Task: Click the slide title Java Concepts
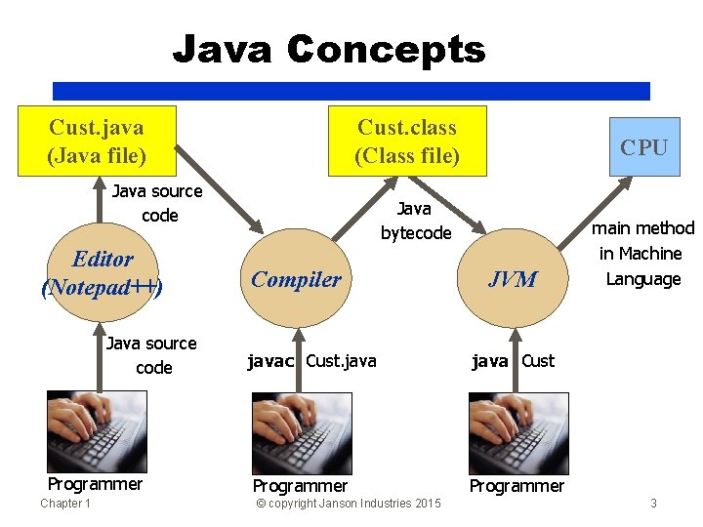pos(328,49)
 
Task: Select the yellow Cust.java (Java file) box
pos(97,141)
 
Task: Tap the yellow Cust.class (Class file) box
pos(406,141)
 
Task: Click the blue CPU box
pos(644,147)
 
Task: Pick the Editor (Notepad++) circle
pos(103,273)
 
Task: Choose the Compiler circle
pos(296,279)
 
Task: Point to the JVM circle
pos(513,279)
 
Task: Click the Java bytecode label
pos(416,221)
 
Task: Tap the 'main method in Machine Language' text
pos(642,254)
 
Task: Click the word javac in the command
pos(270,361)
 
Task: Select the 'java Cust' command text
pos(513,361)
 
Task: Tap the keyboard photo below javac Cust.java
pos(302,432)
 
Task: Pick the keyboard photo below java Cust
pos(518,432)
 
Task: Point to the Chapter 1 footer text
pos(65,504)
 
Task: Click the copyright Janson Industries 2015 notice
pos(348,504)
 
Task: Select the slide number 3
pos(653,504)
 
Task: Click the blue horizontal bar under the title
pos(351,91)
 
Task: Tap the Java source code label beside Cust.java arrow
pos(157,203)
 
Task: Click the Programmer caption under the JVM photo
pos(517,486)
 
